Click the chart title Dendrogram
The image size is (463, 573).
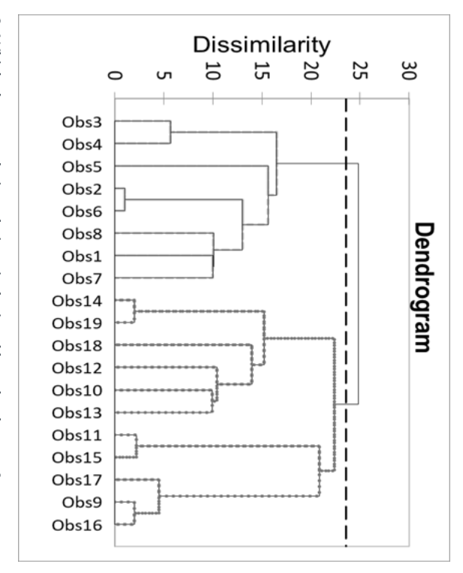click(x=426, y=286)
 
